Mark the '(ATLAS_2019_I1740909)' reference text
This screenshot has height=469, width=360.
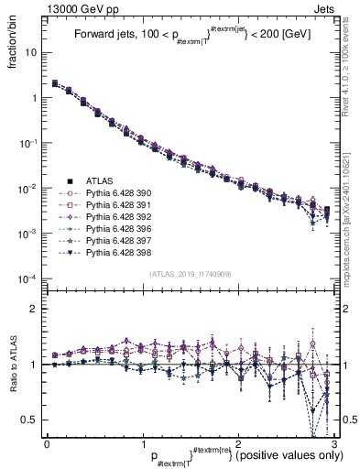pos(190,275)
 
